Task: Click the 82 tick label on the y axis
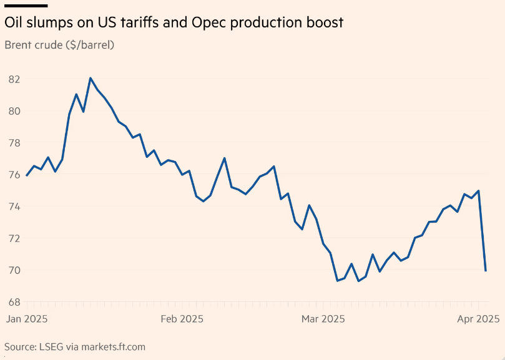[14, 79]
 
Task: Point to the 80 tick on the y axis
[14, 111]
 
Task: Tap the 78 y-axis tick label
[14, 143]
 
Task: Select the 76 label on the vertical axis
[14, 175]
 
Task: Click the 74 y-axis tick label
[14, 207]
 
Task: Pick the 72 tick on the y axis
[14, 238]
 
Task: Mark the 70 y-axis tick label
[14, 270]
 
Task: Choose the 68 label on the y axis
[14, 302]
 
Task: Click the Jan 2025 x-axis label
[27, 319]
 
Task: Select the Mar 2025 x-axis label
[323, 319]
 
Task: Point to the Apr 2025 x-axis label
[478, 319]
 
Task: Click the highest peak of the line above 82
[91, 78]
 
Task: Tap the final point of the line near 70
[486, 271]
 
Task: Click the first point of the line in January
[27, 176]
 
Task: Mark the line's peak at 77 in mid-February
[224, 158]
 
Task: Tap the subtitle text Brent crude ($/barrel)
[59, 45]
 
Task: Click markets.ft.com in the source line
[109, 346]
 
